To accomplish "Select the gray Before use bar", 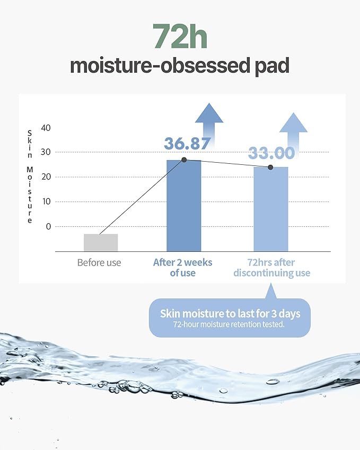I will [101, 242].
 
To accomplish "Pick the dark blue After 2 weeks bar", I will [183, 207].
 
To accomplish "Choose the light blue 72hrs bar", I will [270, 209].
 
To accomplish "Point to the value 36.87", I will [187, 144].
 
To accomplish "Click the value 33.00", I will [271, 153].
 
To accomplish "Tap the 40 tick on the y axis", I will [46, 128].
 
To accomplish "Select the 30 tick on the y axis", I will [46, 152].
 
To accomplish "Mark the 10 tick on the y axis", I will [46, 201].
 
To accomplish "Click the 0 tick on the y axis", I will [48, 226].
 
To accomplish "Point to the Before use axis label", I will [99, 262].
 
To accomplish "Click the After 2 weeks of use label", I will [182, 268].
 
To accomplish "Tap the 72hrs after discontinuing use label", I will [271, 268].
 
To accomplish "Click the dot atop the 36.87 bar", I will [184, 160].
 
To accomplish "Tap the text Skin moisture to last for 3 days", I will [230, 313].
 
